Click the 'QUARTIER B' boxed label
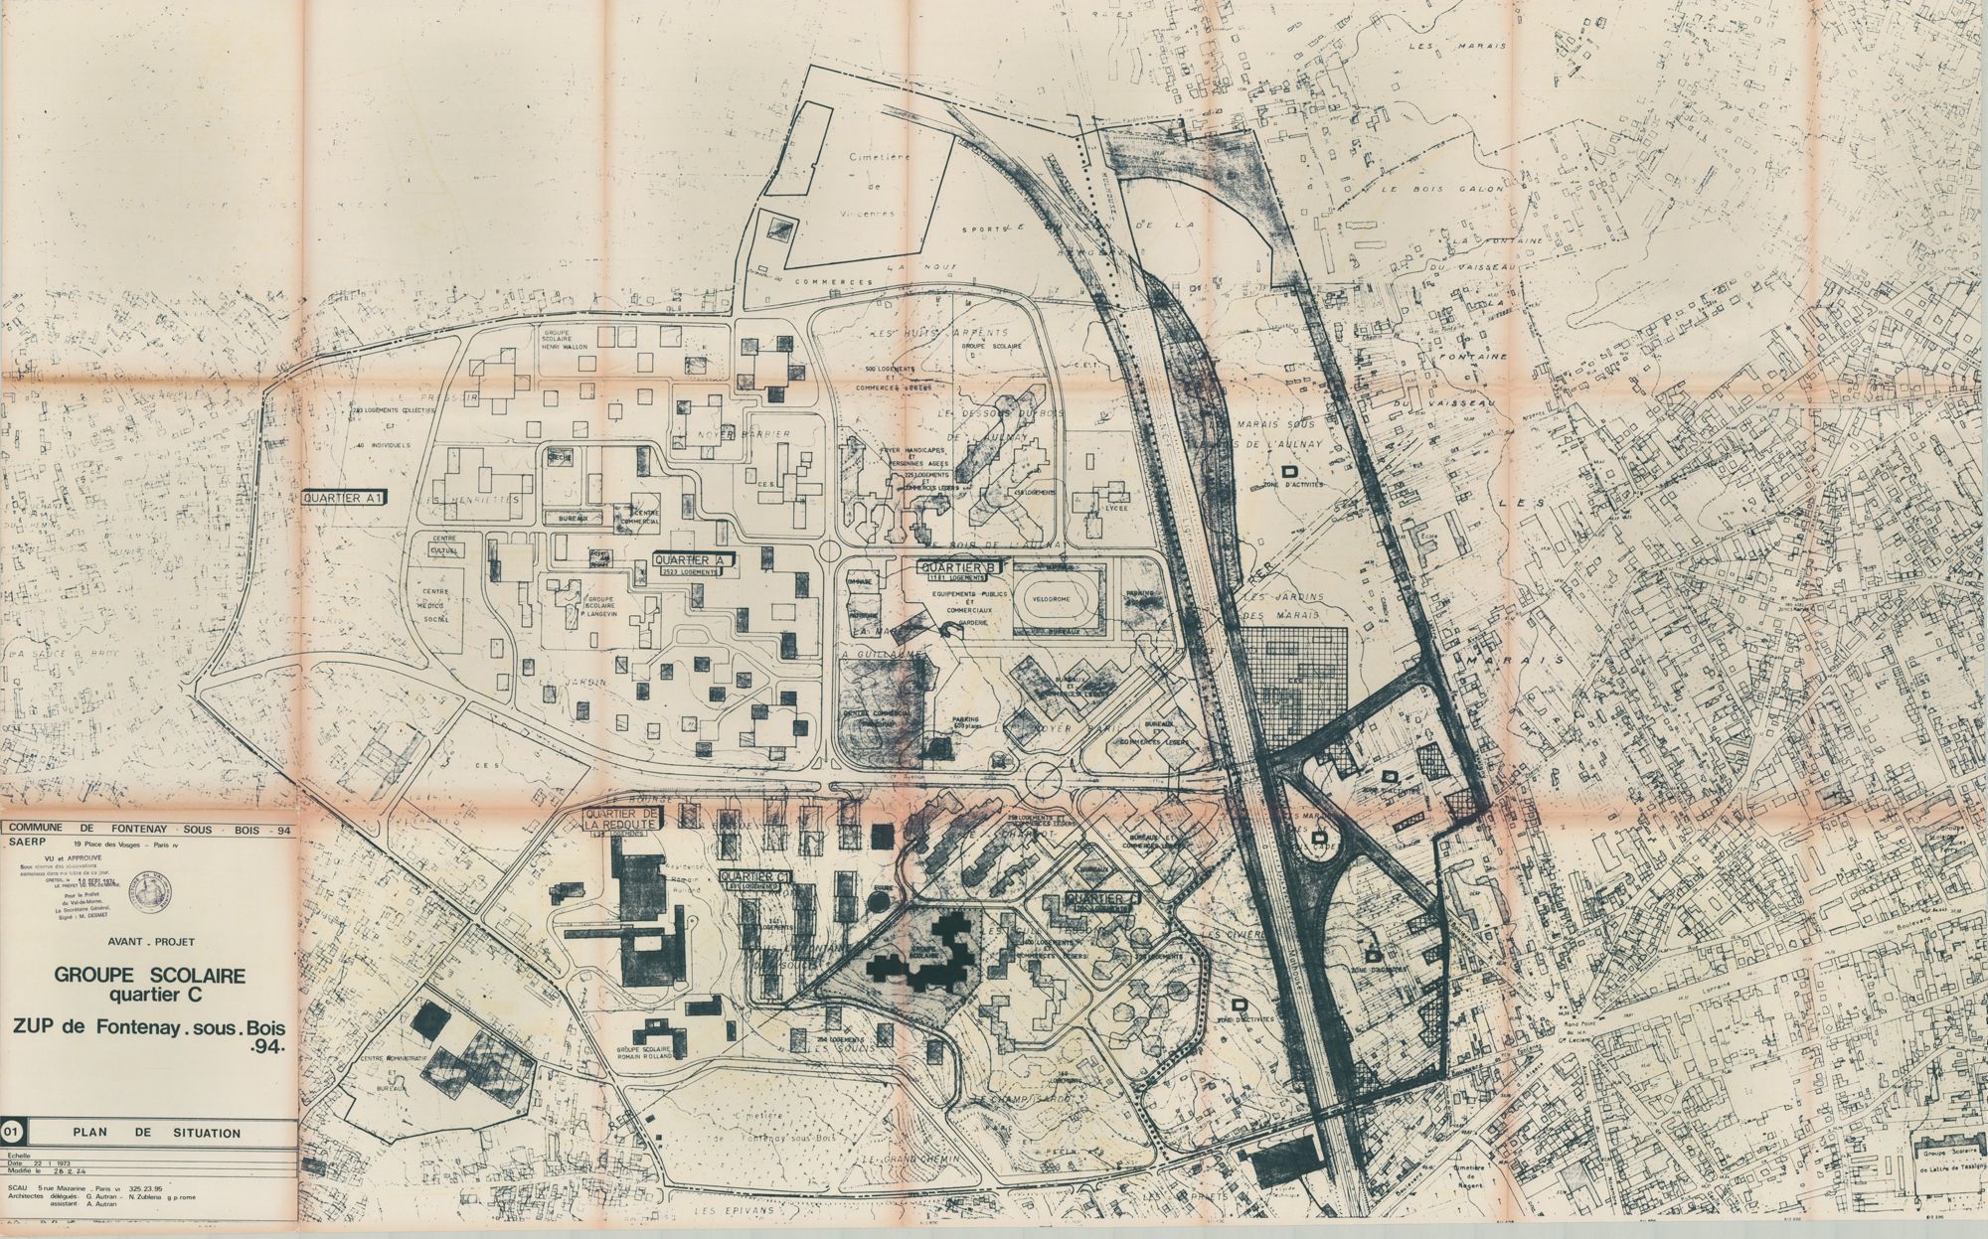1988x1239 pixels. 958,568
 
